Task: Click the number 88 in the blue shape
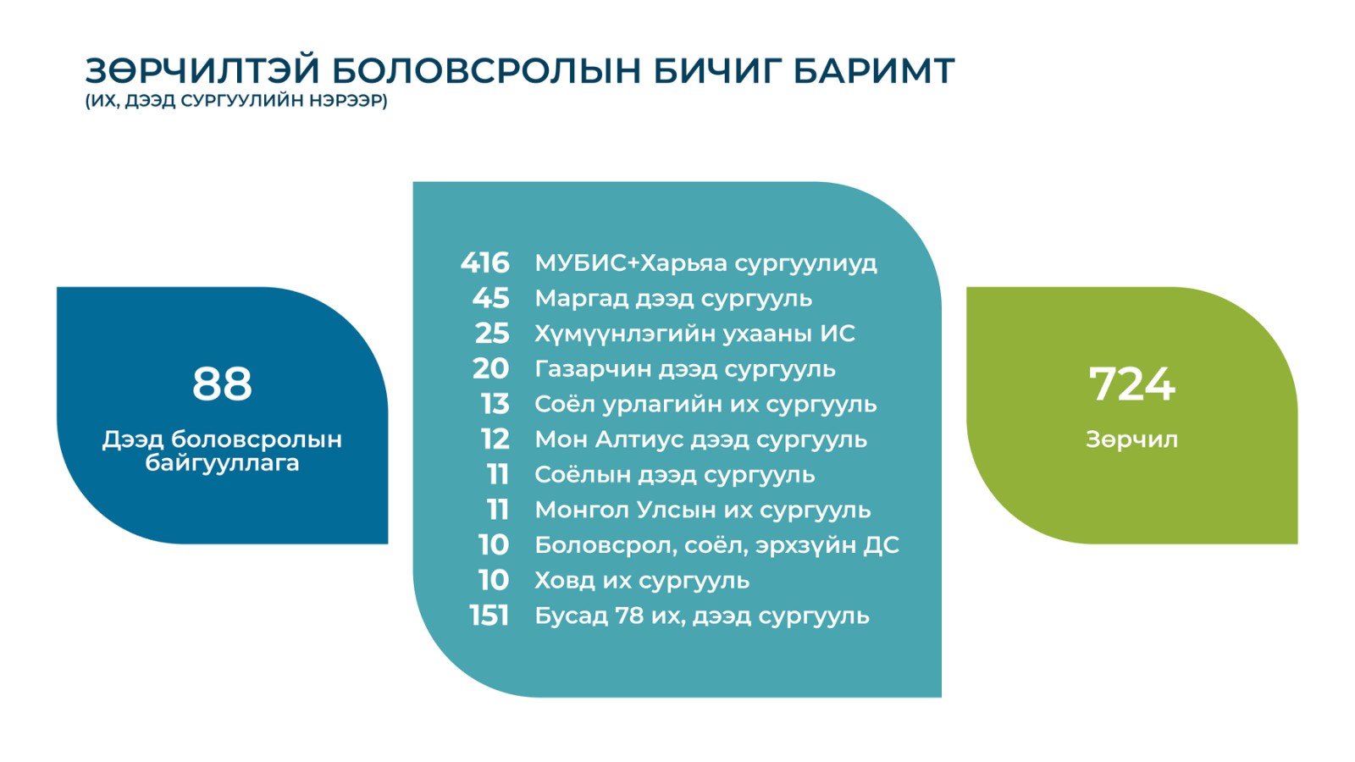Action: (x=222, y=384)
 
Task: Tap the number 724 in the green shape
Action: (x=1131, y=384)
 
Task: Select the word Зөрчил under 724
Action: (x=1131, y=439)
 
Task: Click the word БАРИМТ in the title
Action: (x=873, y=71)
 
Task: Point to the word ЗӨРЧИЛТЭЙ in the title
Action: (x=202, y=71)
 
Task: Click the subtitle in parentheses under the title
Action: (x=236, y=101)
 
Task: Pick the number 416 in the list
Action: (x=485, y=263)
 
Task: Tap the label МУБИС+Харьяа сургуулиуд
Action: (x=706, y=263)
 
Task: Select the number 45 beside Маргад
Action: (x=491, y=298)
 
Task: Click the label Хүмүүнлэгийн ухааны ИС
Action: (x=695, y=334)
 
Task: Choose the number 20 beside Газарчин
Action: (x=491, y=368)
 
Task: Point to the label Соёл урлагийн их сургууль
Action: (x=706, y=405)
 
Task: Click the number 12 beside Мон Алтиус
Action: (x=495, y=439)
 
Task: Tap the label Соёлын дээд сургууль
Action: (x=675, y=475)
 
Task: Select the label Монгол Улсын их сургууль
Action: (x=703, y=511)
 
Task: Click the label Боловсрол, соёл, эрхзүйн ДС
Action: (x=717, y=545)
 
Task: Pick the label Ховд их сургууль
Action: (x=643, y=581)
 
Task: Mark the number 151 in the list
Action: (x=489, y=616)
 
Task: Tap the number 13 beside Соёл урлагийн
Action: (x=495, y=404)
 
